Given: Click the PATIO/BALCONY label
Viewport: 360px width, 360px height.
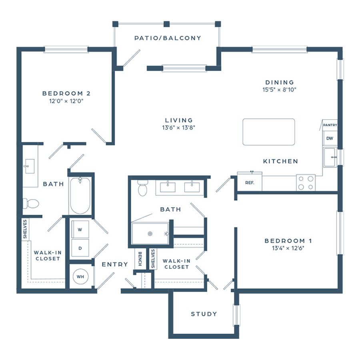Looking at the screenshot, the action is coord(168,38).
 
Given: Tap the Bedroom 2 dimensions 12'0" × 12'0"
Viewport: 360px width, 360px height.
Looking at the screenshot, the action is coord(66,101).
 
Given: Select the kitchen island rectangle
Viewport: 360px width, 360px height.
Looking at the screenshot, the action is coord(269,132).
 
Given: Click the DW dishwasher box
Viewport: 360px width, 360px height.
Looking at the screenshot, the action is coord(330,138).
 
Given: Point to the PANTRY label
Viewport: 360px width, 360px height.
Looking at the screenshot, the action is coord(330,125).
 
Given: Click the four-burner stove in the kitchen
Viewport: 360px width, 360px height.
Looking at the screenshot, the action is coord(306,182).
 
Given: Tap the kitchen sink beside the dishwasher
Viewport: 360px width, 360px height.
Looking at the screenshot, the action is coord(330,157).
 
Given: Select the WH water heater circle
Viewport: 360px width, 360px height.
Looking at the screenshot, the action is coord(80,277).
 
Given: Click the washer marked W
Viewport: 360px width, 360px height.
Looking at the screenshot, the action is coord(80,229).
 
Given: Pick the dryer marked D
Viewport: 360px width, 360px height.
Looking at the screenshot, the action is coord(80,248).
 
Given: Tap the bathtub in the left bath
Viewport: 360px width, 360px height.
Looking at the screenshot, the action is coord(80,196).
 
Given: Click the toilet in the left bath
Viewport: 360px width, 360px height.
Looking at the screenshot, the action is coord(31,204).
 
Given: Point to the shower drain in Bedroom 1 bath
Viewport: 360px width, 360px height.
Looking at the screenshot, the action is coord(150,234).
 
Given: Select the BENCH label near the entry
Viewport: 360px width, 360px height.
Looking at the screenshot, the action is coord(140,259).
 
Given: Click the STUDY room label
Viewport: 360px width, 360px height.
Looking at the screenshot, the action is coord(204,314).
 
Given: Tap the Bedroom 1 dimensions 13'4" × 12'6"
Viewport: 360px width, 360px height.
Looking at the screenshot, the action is coord(288,248).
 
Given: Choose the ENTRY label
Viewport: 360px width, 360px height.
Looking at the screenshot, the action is coord(115,264).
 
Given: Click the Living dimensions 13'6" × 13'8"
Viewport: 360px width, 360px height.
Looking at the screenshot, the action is coord(179,128).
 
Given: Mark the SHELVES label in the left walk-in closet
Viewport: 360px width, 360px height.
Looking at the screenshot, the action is coord(25,229).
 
